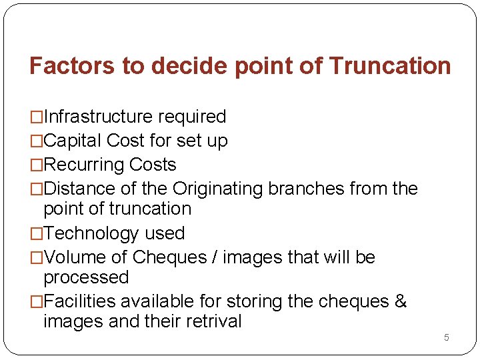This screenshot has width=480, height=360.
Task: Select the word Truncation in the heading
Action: [x=390, y=66]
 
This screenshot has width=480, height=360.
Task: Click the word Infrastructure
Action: [x=97, y=117]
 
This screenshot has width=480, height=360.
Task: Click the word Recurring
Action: [x=84, y=165]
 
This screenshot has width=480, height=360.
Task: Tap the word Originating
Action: [x=218, y=189]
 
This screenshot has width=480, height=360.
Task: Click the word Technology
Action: [x=91, y=233]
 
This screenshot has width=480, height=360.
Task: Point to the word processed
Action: [x=86, y=277]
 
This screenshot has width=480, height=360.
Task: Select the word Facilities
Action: [x=79, y=301]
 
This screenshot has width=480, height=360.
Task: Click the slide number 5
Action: [x=447, y=337]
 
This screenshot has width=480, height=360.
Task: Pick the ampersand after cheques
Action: [x=401, y=301]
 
